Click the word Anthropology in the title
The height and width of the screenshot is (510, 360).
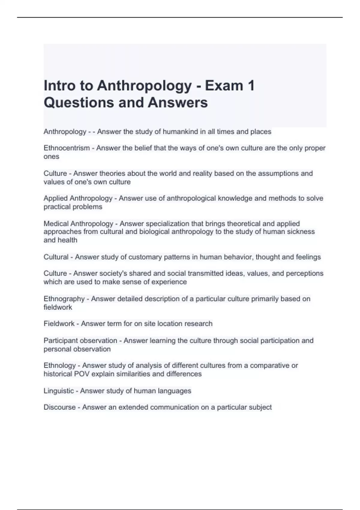click(x=144, y=86)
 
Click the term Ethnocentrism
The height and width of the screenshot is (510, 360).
click(x=67, y=148)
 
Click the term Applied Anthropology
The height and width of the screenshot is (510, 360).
click(x=78, y=198)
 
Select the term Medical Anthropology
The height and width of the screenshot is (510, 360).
click(x=78, y=223)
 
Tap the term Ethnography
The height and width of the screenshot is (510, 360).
click(x=64, y=299)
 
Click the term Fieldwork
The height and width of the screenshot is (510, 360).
click(x=59, y=324)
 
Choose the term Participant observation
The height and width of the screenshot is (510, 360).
click(x=80, y=340)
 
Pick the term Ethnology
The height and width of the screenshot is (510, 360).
click(x=60, y=365)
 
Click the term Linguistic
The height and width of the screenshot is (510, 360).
click(x=59, y=391)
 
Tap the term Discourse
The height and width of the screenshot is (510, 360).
click(x=60, y=407)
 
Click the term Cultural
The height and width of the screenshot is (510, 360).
click(x=56, y=257)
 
